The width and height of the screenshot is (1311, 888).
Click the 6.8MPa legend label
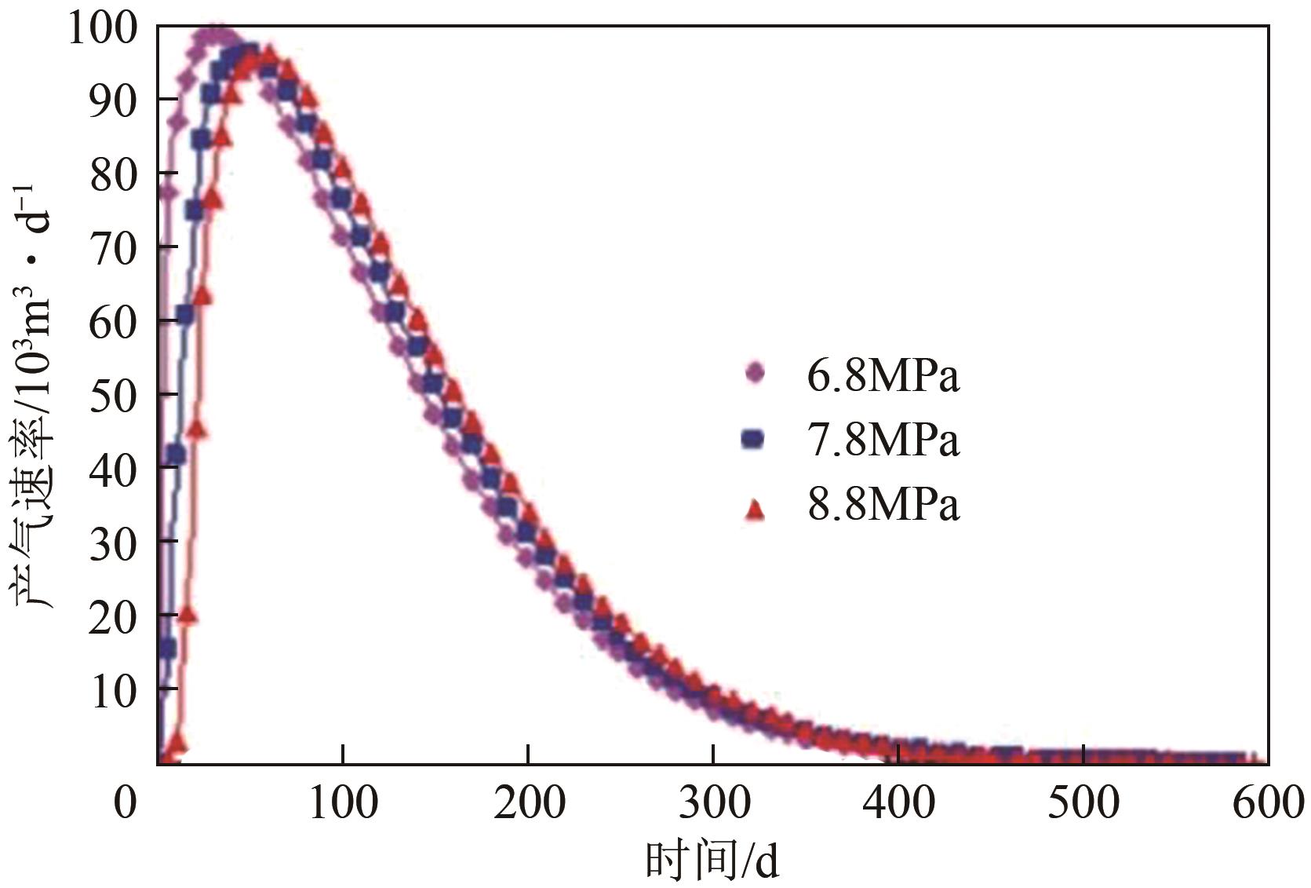pyautogui.click(x=883, y=376)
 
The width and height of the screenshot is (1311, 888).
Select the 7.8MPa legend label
pyautogui.click(x=883, y=440)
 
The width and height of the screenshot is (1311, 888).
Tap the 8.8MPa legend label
pyautogui.click(x=883, y=504)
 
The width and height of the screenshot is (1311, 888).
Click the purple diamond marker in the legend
pyautogui.click(x=755, y=373)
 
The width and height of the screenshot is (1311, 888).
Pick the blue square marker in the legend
pyautogui.click(x=752, y=438)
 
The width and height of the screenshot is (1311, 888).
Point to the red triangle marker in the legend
pyautogui.click(x=754, y=510)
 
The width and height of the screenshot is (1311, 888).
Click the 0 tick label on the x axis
pyautogui.click(x=126, y=802)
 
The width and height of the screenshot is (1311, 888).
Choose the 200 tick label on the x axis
pyautogui.click(x=529, y=802)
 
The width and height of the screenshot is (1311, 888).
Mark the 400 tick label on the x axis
pyautogui.click(x=898, y=802)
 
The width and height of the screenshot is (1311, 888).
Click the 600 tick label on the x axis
pyautogui.click(x=1268, y=802)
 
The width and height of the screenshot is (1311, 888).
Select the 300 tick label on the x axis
pyautogui.click(x=714, y=802)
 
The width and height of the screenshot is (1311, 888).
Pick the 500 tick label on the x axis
pyautogui.click(x=1083, y=802)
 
